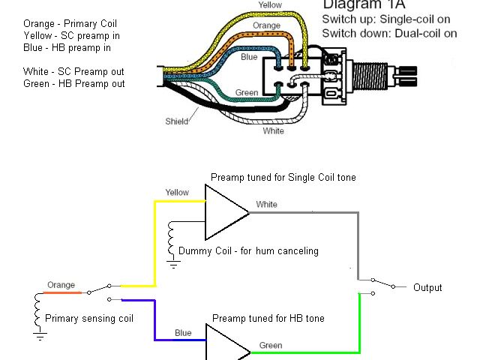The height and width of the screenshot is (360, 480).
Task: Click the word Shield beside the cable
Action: coord(177,121)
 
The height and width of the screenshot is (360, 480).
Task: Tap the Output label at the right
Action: coord(427,288)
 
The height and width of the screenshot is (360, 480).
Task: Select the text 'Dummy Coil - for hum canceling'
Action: coord(248,251)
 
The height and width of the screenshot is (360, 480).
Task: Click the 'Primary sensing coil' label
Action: coord(89,319)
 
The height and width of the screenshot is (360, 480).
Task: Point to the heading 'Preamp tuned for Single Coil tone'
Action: coord(283,178)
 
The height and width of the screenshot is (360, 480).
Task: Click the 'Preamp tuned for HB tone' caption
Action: coord(268,318)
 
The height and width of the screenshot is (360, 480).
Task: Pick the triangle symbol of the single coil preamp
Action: coord(226,212)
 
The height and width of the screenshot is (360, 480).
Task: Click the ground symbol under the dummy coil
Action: coord(173,264)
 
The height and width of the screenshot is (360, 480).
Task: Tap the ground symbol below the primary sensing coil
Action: coord(40,337)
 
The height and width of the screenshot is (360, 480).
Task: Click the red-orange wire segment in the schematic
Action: coord(63,292)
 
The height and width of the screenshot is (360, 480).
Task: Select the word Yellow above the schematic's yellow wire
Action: coord(177,193)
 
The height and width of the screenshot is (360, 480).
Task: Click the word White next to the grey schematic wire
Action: coord(267,205)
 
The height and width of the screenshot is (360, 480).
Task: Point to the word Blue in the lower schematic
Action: coord(183,333)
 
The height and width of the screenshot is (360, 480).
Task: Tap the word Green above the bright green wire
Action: coord(271,346)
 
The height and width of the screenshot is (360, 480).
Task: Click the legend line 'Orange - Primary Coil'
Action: coord(70,23)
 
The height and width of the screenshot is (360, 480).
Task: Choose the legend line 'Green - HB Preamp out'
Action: coord(74,83)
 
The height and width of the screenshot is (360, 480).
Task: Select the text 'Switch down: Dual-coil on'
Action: coord(389,33)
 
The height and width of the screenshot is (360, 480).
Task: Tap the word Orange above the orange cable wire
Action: coord(266,25)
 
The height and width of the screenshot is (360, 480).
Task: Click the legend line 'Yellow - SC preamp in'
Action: coord(72,36)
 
